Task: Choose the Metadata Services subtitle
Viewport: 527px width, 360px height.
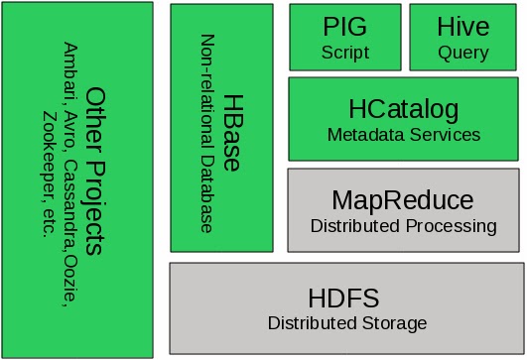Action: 403,134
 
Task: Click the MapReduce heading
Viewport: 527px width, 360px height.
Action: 403,199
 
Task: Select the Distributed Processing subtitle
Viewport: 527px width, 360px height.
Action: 403,226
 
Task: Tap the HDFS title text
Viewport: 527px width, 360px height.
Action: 345,297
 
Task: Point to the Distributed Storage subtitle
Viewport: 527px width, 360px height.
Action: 346,323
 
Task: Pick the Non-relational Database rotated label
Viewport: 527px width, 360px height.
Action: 207,134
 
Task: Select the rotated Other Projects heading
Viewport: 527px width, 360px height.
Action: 95,171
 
